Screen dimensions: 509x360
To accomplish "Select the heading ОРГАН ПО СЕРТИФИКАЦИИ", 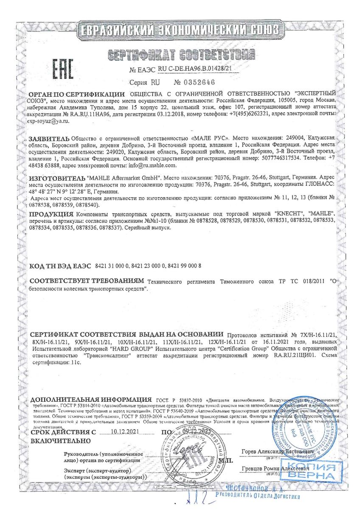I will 76,94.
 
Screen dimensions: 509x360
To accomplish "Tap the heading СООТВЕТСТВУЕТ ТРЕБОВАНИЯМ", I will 87,281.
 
